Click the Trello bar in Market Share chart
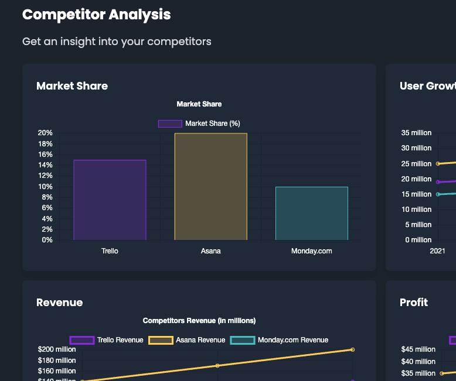click(110, 200)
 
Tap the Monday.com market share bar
click(311, 213)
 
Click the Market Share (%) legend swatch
click(170, 123)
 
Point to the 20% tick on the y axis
click(45, 133)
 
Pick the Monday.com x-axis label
click(311, 251)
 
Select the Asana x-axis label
click(210, 251)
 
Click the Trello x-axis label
click(110, 251)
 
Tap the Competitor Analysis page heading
click(97, 15)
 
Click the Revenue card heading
click(60, 303)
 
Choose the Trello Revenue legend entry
click(106, 340)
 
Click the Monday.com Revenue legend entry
click(279, 340)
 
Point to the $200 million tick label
click(57, 349)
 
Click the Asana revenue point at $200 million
click(352, 349)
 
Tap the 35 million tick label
click(417, 133)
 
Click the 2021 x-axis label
click(437, 251)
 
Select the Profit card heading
click(414, 303)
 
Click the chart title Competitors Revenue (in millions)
click(199, 321)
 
